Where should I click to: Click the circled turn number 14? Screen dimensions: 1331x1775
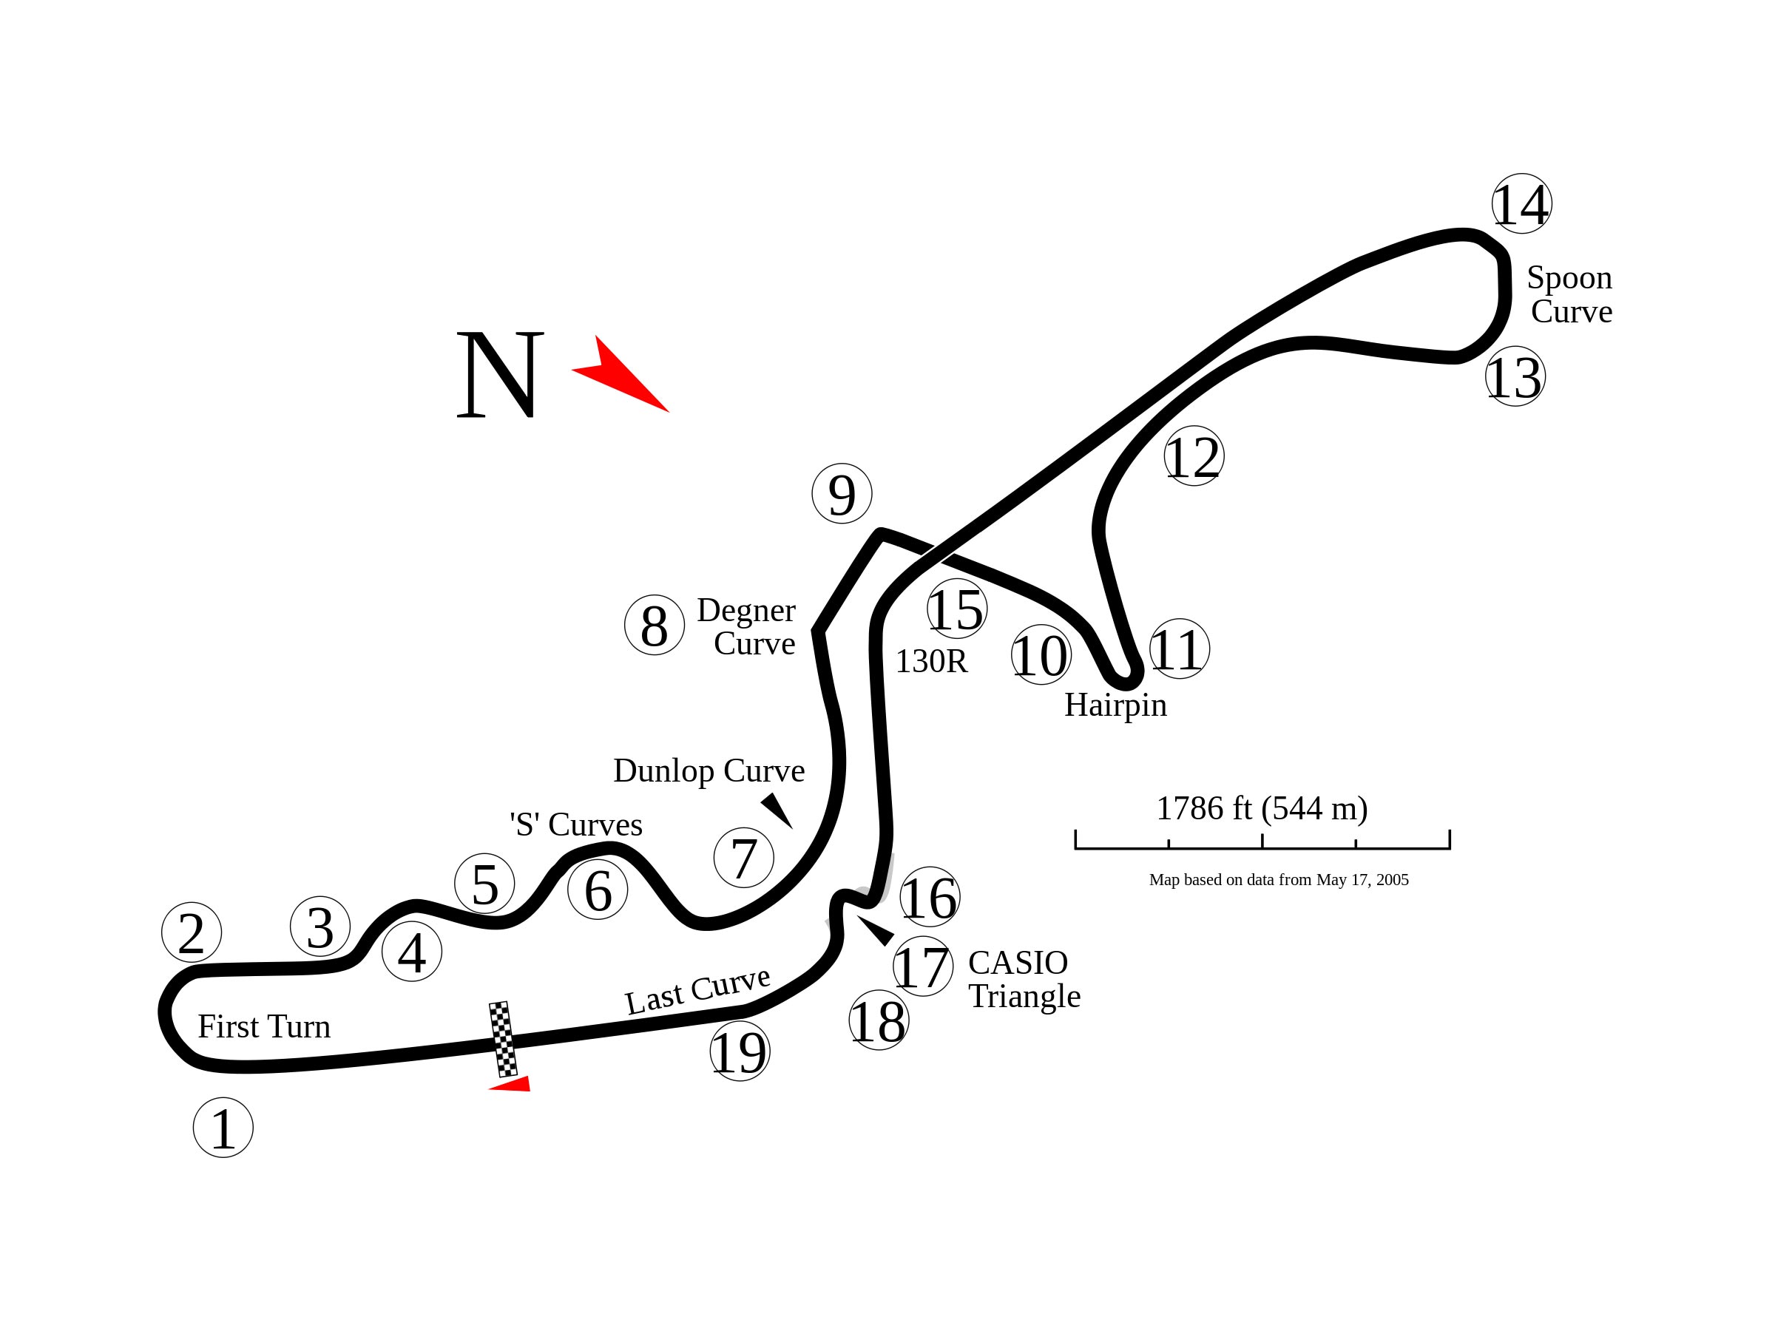coord(1521,204)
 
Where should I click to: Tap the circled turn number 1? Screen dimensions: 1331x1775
coord(223,1128)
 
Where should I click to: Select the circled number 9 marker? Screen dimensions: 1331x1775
coord(842,493)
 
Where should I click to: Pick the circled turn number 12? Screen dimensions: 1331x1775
coord(1194,455)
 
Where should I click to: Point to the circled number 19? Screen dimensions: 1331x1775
coord(740,1051)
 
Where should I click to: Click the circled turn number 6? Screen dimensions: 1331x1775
coord(598,890)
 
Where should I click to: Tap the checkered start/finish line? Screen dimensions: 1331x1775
coord(503,1040)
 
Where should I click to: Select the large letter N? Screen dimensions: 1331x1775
coord(500,374)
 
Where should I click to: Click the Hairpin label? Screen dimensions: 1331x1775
coord(1115,705)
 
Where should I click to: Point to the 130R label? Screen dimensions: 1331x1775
coord(932,661)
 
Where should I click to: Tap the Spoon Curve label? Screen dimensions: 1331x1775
coord(1569,294)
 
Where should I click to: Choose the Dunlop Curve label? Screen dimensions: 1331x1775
coord(709,771)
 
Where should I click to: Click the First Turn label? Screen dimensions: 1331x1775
coord(264,1027)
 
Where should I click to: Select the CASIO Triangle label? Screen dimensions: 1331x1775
coord(1024,979)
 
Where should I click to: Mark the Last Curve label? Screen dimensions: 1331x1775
coord(697,992)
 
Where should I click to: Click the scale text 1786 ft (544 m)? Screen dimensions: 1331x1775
coord(1262,809)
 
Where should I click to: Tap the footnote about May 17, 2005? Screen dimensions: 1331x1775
coord(1278,880)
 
